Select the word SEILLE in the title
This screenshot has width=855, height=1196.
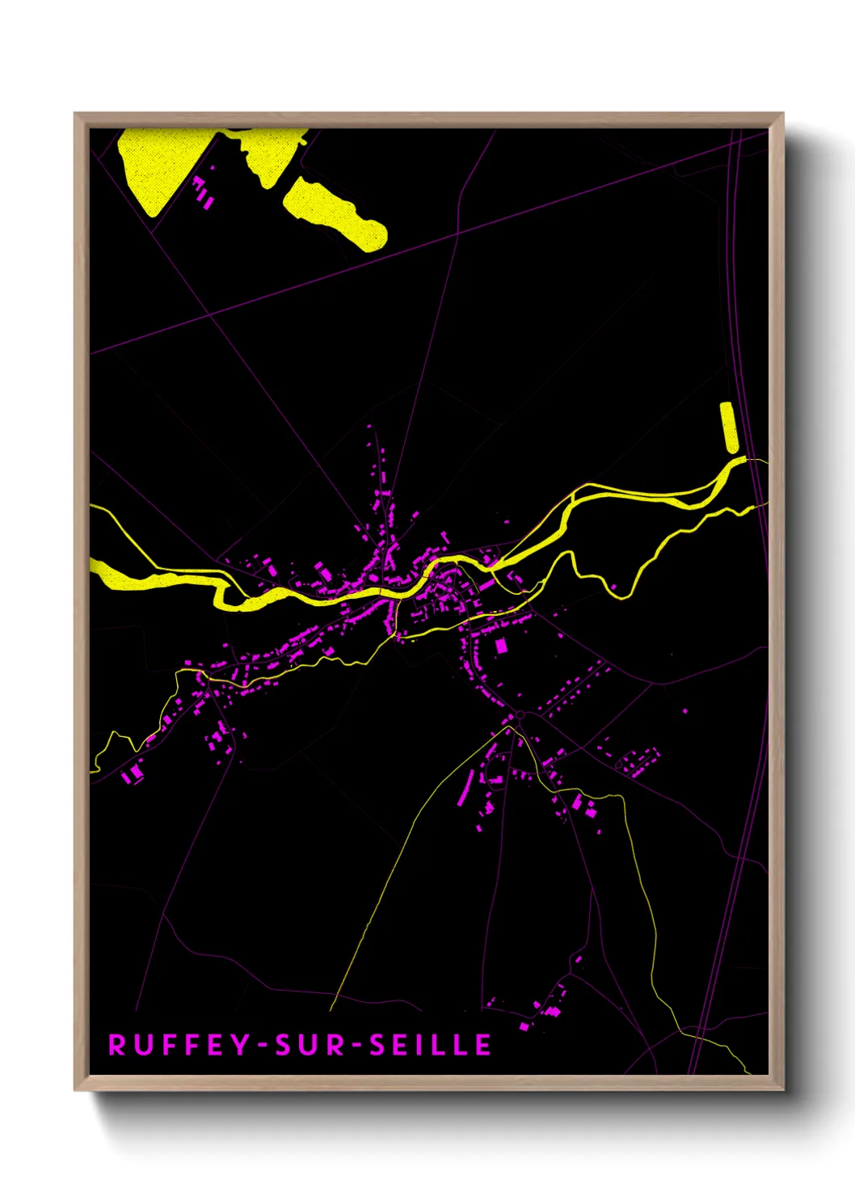pos(431,1045)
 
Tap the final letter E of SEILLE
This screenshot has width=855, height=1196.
pos(483,1045)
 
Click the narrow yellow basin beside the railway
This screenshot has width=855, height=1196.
pos(729,427)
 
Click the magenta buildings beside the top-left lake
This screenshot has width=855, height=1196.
pos(203,192)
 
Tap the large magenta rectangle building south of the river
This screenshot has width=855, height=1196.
pos(501,645)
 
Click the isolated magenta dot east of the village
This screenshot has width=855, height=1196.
pos(685,711)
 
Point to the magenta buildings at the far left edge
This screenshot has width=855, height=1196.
pos(132,774)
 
